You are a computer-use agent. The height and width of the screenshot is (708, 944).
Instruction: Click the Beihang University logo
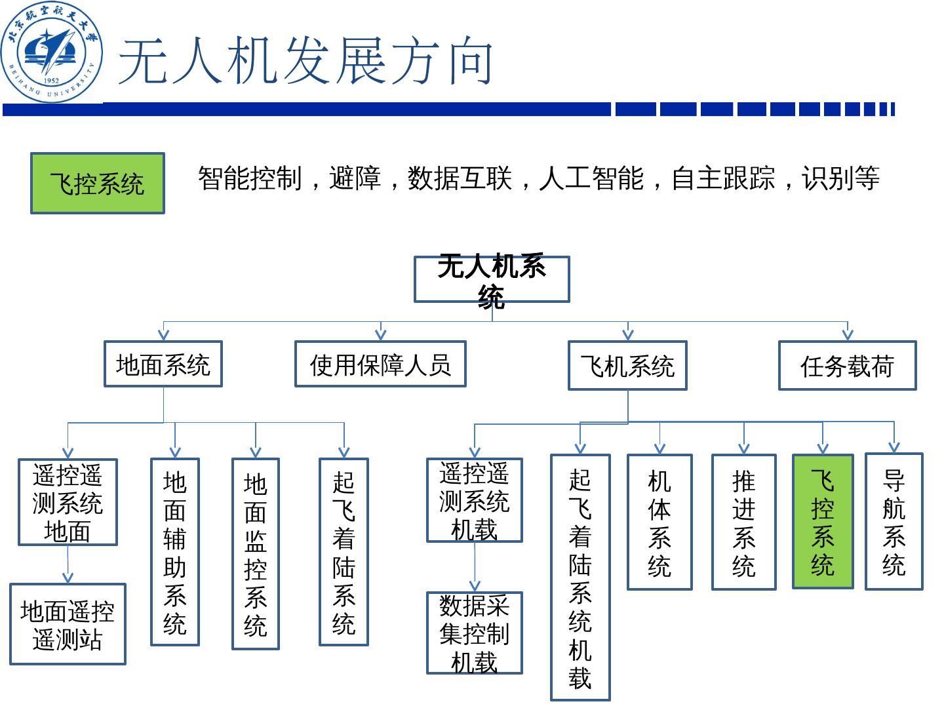[x=51, y=51]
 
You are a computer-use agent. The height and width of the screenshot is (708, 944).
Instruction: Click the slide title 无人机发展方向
[x=305, y=62]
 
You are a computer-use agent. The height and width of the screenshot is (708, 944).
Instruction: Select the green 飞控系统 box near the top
[x=97, y=184]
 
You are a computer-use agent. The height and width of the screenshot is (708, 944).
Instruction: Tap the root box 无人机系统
[x=492, y=279]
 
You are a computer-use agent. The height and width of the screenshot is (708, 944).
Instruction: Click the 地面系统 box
[x=163, y=364]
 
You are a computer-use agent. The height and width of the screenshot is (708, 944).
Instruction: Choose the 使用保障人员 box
[x=380, y=364]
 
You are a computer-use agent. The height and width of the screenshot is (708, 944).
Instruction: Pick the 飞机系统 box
[x=627, y=366]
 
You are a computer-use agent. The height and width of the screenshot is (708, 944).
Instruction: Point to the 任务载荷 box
[x=847, y=366]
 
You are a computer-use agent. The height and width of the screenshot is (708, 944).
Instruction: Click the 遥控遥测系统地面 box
[x=68, y=502]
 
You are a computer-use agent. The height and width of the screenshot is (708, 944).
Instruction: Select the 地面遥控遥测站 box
[x=68, y=624]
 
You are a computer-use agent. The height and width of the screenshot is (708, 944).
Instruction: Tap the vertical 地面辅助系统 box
[x=175, y=552]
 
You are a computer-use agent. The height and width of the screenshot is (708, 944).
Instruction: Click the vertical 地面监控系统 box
[x=256, y=554]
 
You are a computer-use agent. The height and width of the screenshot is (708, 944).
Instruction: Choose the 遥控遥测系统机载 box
[x=475, y=500]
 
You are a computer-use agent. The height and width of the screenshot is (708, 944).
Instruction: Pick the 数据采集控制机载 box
[x=475, y=633]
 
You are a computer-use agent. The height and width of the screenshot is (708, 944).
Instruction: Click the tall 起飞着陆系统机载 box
[x=580, y=577]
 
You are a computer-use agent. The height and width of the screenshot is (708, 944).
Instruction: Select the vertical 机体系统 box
[x=659, y=522]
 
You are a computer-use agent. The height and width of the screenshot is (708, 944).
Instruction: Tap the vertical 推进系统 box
[x=744, y=522]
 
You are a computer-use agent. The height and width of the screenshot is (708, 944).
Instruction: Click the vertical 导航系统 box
[x=894, y=522]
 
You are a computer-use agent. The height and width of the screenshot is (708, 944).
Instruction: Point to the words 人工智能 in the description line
[x=591, y=178]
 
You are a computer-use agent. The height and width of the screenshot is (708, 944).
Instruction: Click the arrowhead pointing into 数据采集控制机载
[x=475, y=586]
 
